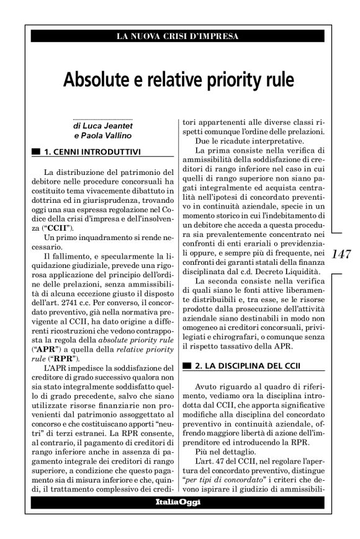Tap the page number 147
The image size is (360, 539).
(343, 254)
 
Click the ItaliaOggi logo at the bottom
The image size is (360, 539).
(178, 502)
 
